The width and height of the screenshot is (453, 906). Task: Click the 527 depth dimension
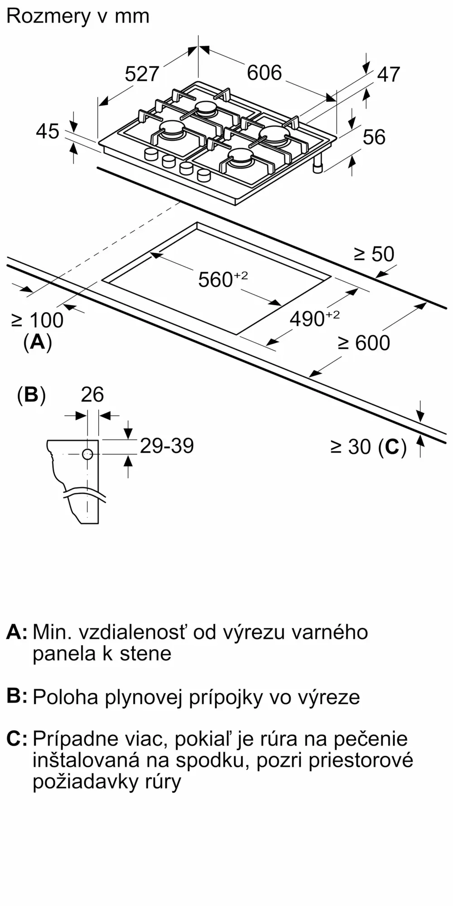tap(142, 74)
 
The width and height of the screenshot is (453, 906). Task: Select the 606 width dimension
tap(264, 72)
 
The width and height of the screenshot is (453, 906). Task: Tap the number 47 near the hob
tap(389, 74)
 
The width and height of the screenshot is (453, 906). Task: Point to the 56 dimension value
tap(374, 137)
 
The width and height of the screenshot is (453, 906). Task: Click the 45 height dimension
tap(48, 131)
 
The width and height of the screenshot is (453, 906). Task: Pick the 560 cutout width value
tap(216, 280)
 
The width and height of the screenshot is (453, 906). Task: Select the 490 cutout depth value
tap(308, 319)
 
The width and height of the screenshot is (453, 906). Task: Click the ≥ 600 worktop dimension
tap(364, 343)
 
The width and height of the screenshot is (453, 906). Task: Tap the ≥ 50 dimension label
tap(374, 254)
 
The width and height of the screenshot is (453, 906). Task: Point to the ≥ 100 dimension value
tap(37, 320)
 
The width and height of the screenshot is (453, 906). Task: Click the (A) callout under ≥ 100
tap(38, 342)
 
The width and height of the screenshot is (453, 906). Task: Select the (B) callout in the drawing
tap(31, 395)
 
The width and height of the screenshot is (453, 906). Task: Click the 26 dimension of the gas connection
tap(92, 395)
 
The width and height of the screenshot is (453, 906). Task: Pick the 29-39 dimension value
tap(167, 446)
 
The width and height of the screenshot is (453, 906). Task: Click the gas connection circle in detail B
tap(87, 454)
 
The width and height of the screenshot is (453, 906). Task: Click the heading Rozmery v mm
tap(78, 16)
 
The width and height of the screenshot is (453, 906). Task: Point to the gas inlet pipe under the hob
tap(318, 166)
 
